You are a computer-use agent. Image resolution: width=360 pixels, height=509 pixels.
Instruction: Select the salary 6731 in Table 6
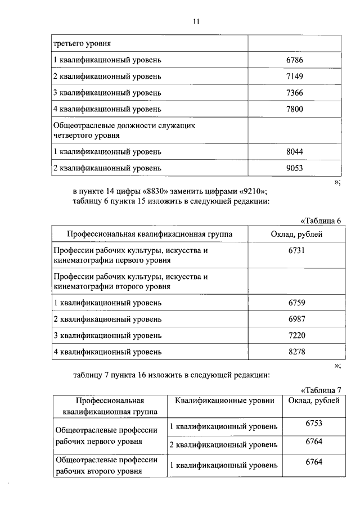(x=296, y=250)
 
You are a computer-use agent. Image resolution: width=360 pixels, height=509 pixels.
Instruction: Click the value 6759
(x=296, y=302)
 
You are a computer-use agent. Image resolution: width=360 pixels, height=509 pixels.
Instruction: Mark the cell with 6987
(x=296, y=319)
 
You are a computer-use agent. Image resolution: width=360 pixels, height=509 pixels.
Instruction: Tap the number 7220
(x=296, y=336)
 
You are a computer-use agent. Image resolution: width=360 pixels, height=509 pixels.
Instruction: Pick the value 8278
(x=296, y=352)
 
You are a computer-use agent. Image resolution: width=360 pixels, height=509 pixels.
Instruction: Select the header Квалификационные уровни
(x=224, y=401)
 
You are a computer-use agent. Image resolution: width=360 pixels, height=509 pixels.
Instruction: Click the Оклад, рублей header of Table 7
(x=313, y=401)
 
